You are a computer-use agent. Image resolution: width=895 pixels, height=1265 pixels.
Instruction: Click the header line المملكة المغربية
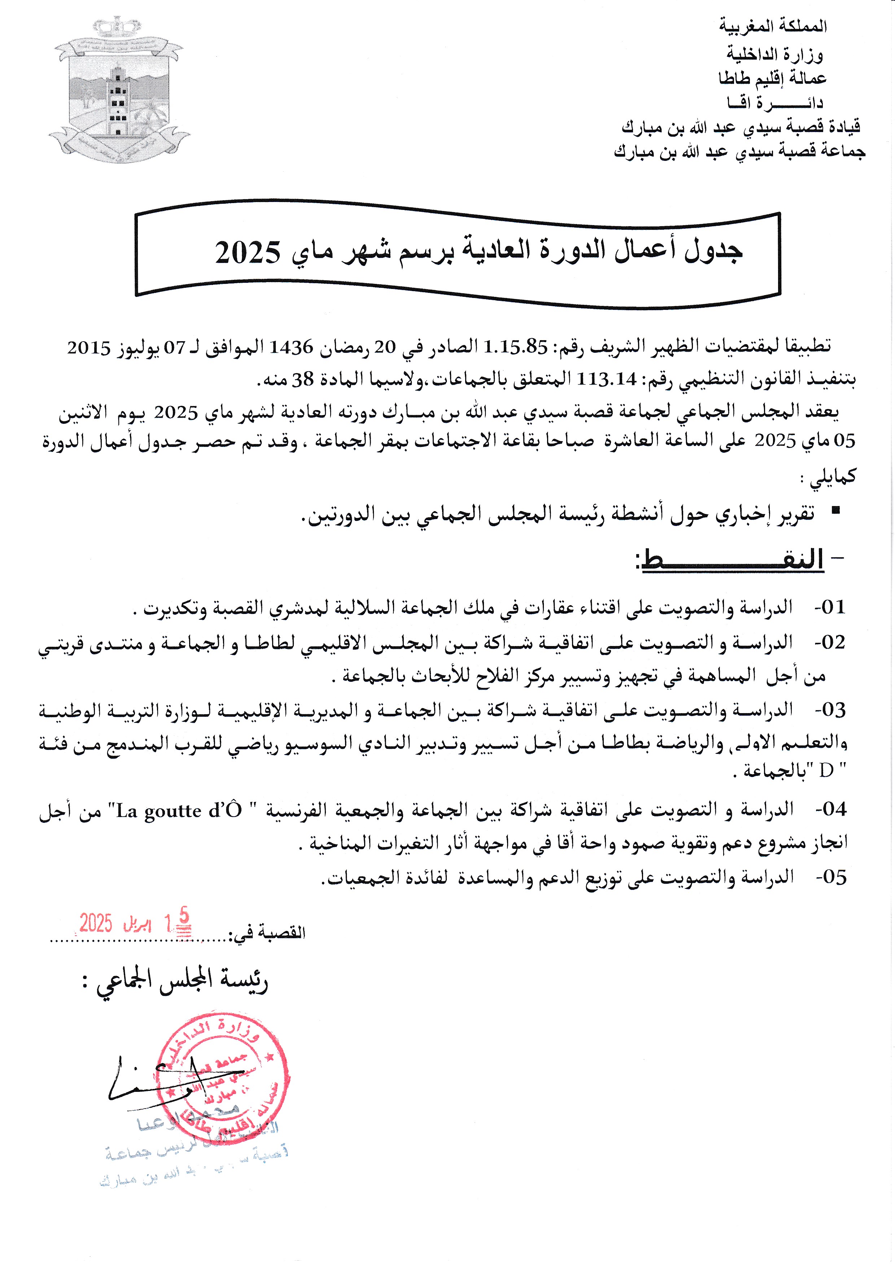coord(773,26)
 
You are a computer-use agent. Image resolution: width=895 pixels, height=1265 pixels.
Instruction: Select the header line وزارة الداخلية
coord(774,54)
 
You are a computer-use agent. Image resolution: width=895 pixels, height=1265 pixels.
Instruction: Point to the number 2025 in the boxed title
coord(248,252)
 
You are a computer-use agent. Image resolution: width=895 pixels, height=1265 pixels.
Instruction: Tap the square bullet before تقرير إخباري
coord(836,511)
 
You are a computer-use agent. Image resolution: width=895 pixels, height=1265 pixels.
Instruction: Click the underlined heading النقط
coord(733,560)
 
